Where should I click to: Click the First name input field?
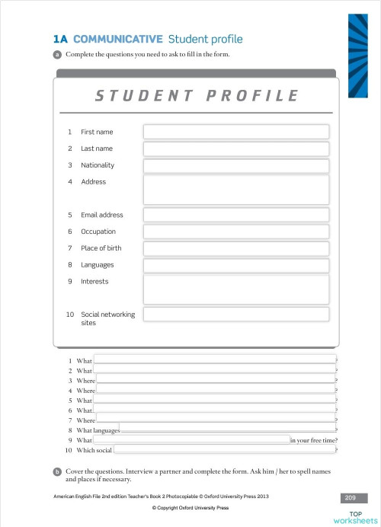pos(236,132)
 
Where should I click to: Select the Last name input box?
pos(236,149)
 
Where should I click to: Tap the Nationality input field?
pos(236,165)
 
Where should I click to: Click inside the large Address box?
pos(236,189)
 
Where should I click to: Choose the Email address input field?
pos(236,215)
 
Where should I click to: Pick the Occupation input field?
pos(236,232)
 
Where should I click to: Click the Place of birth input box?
pos(236,248)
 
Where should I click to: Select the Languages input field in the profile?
pos(236,265)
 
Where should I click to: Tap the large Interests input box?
pos(236,289)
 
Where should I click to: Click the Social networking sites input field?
pos(236,315)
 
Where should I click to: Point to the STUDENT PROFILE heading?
pos(196,95)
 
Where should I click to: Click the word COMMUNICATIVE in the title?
pos(118,40)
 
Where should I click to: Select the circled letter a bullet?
pos(57,55)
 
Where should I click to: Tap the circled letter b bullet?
pos(57,472)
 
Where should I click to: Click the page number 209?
pos(350,497)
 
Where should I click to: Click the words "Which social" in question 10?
pos(94,450)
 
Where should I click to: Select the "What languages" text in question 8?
pos(98,430)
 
